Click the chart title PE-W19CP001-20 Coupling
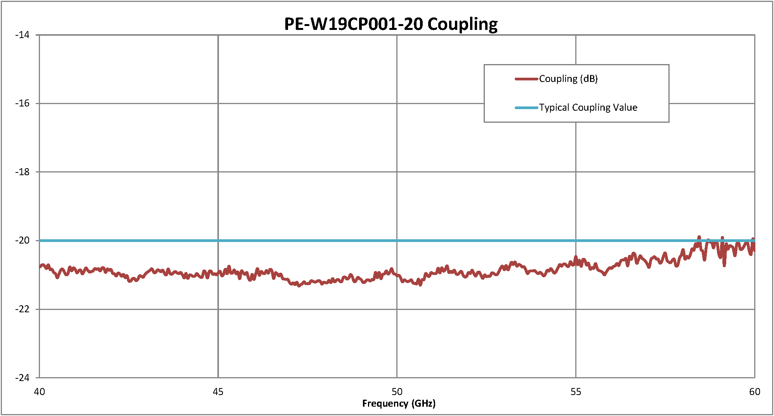pyautogui.click(x=390, y=24)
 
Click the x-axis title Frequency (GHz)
pyautogui.click(x=399, y=404)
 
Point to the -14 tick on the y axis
pyautogui.click(x=23, y=35)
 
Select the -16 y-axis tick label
pyautogui.click(x=23, y=103)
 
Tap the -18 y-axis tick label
pyautogui.click(x=23, y=172)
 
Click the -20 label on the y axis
pyautogui.click(x=23, y=240)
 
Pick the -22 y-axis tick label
pyautogui.click(x=23, y=309)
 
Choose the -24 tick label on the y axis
pyautogui.click(x=23, y=378)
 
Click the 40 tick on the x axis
pyautogui.click(x=39, y=392)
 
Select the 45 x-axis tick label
pyautogui.click(x=218, y=392)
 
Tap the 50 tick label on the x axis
pyautogui.click(x=397, y=392)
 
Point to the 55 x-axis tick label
pyautogui.click(x=576, y=392)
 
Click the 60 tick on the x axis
pyautogui.click(x=755, y=392)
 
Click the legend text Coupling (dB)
pyautogui.click(x=568, y=79)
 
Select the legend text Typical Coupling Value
pyautogui.click(x=588, y=108)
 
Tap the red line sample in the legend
pyautogui.click(x=526, y=79)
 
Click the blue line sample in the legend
pyautogui.click(x=526, y=108)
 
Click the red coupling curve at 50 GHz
pyautogui.click(x=397, y=275)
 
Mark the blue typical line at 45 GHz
pyautogui.click(x=218, y=241)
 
